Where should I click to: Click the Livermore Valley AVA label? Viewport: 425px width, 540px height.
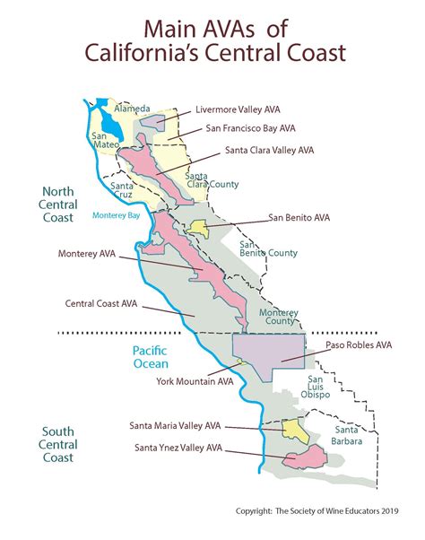(237, 109)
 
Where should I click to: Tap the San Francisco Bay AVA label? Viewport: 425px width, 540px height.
(250, 129)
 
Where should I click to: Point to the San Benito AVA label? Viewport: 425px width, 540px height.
(299, 217)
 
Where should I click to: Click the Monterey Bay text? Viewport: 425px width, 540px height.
(117, 215)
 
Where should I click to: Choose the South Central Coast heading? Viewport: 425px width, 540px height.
(57, 445)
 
